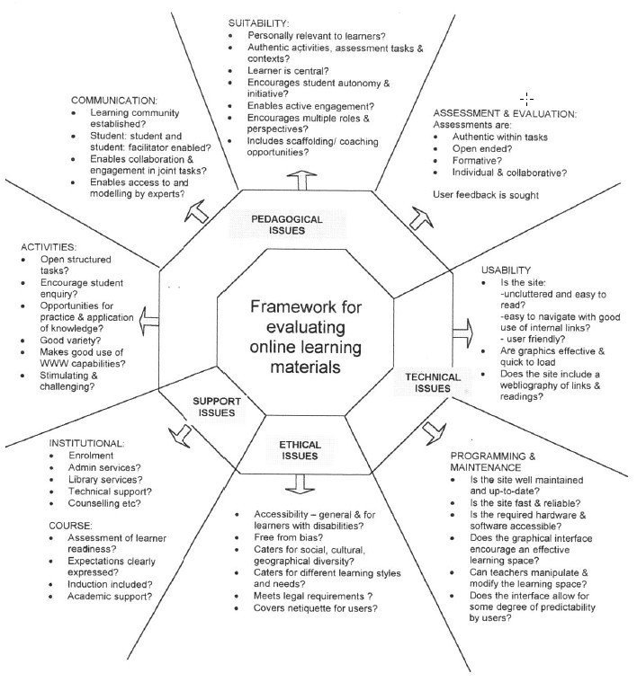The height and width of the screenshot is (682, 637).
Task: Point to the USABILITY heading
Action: [x=507, y=270]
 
